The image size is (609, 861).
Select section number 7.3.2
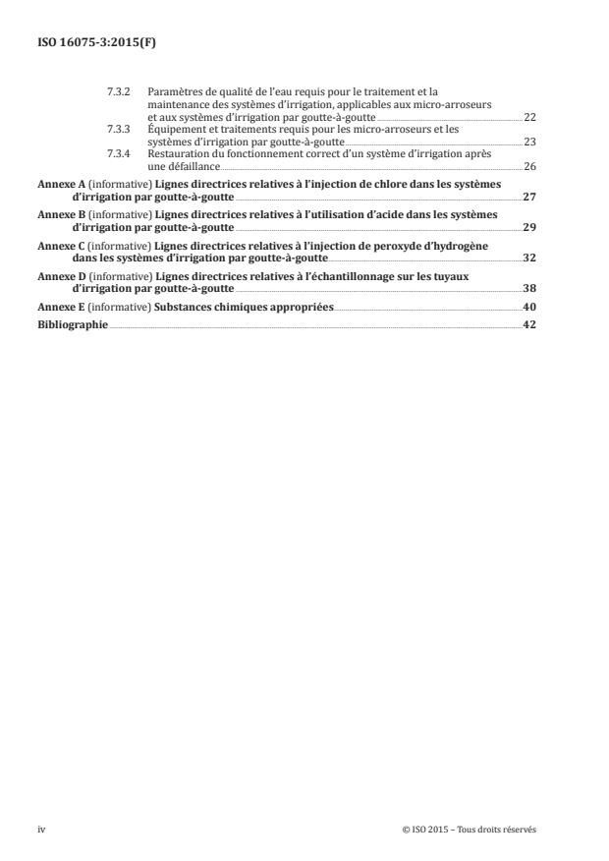(118, 92)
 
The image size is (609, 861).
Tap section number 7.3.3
(118, 129)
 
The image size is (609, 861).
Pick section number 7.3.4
(118, 153)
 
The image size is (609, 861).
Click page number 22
(529, 117)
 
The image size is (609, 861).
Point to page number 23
(529, 142)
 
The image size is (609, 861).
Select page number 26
(529, 166)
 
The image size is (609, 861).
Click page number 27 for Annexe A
(529, 197)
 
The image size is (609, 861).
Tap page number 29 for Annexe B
(529, 227)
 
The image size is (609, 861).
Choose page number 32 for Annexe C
(529, 258)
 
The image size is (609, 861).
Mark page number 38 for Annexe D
(529, 289)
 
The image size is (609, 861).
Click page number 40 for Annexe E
(529, 308)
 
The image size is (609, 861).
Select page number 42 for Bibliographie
(529, 324)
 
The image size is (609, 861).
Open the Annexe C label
(58, 246)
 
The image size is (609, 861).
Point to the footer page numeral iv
(41, 830)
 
